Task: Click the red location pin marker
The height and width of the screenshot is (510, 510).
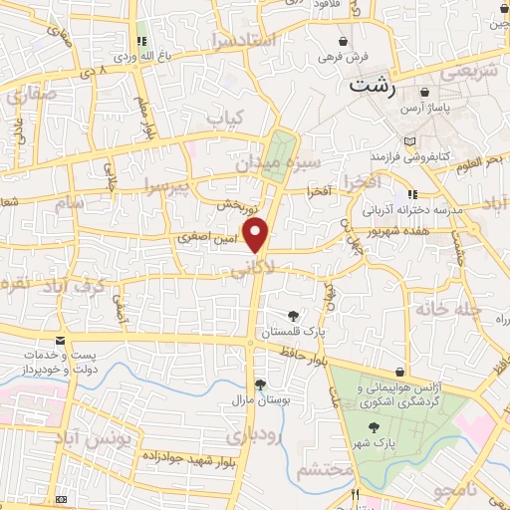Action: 257,236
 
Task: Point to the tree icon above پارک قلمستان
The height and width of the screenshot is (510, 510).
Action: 292,316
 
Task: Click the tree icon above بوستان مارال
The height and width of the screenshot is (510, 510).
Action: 260,383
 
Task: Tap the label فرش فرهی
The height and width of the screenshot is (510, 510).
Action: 343,57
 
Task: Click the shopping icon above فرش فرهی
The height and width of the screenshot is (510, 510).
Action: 343,42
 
